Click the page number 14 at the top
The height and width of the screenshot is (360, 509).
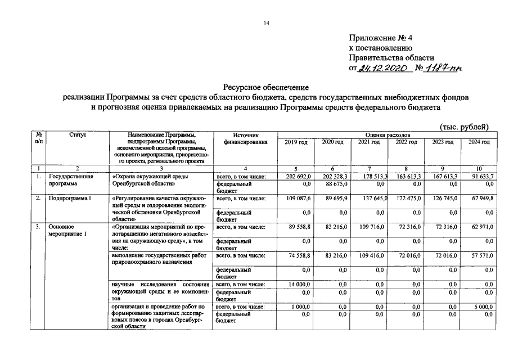click(266, 22)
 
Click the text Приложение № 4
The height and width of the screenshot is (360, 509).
click(381, 38)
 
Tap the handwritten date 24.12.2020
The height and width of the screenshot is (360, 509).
click(384, 68)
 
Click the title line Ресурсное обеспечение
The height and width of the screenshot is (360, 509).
click(266, 87)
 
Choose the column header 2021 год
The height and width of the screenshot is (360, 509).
click(368, 142)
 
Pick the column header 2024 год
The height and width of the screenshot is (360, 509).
click(479, 142)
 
